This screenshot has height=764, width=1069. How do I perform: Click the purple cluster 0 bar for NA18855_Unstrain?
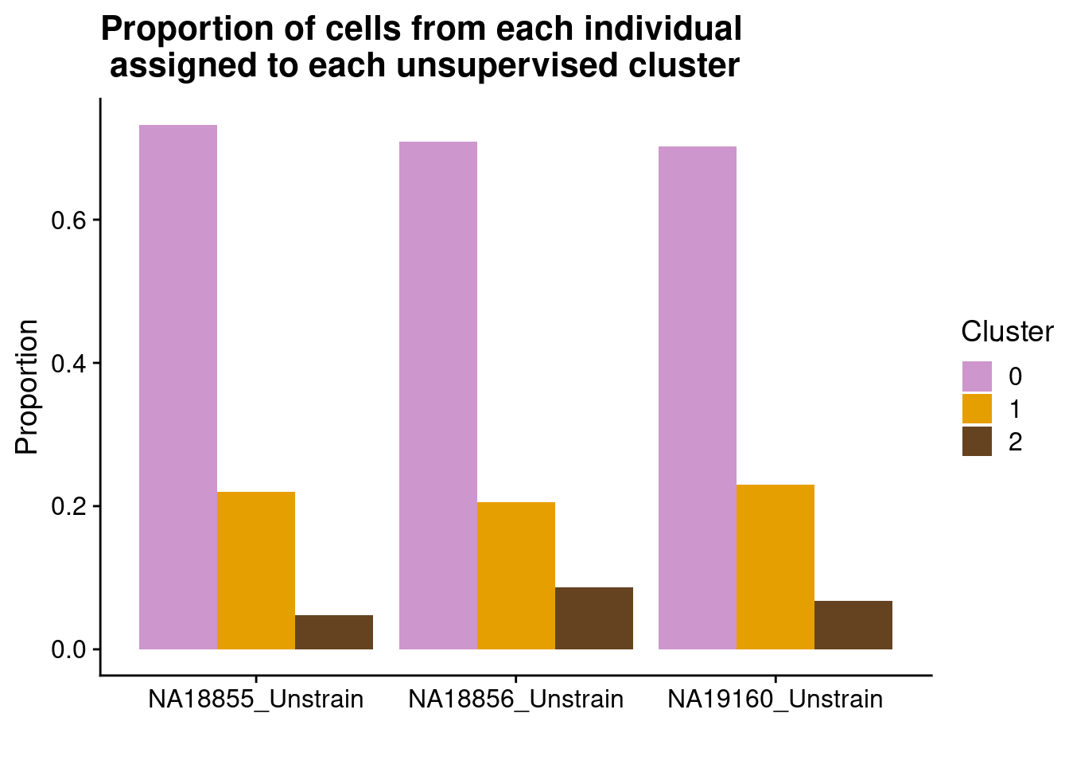click(x=178, y=387)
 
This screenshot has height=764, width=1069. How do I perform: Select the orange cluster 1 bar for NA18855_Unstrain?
click(x=256, y=570)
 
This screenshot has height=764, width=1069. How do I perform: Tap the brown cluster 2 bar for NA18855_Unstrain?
click(x=334, y=632)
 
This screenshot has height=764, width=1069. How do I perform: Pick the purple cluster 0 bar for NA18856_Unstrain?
click(x=438, y=396)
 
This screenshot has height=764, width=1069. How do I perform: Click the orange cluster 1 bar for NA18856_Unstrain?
click(x=516, y=575)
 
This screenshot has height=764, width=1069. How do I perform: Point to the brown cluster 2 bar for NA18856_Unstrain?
click(x=594, y=618)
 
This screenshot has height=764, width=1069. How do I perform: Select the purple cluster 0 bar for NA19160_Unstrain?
click(x=698, y=398)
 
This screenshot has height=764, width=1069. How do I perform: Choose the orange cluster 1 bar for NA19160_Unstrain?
click(x=776, y=567)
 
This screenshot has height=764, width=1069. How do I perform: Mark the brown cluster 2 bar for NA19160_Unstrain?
click(x=853, y=625)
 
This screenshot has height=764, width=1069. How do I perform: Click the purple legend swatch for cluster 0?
click(x=977, y=376)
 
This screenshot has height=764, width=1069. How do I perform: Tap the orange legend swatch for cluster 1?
click(x=977, y=409)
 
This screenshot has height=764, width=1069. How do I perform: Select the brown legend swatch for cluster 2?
click(x=977, y=442)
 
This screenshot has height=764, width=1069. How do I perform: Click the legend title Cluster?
click(x=1007, y=332)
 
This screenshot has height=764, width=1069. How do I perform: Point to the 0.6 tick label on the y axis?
click(x=68, y=220)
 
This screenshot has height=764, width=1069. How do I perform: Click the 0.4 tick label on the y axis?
click(x=68, y=364)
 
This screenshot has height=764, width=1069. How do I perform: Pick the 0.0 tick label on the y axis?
click(x=68, y=649)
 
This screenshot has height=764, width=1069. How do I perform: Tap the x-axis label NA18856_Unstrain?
click(x=516, y=700)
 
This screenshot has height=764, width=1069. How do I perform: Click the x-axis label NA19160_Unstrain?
click(x=776, y=700)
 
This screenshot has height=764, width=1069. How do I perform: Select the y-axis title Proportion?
click(x=27, y=387)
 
